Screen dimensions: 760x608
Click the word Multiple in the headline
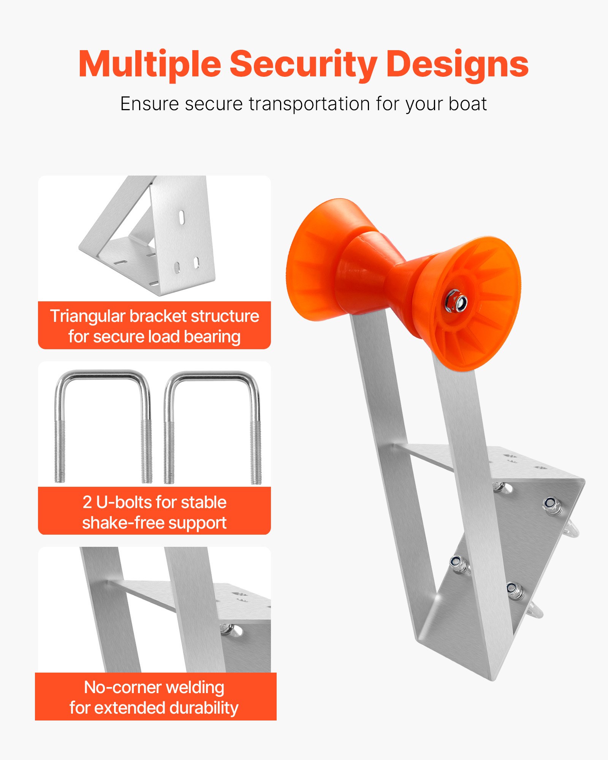tap(149, 65)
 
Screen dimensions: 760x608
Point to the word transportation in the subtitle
tap(309, 104)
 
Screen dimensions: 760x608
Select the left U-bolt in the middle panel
tap(103, 426)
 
